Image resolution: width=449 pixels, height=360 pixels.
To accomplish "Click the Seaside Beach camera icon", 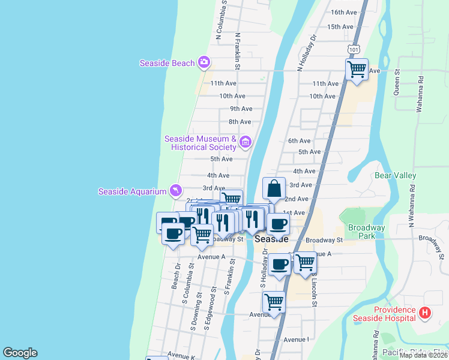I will coord(204,62).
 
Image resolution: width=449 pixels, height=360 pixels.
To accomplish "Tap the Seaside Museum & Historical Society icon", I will coord(245,142).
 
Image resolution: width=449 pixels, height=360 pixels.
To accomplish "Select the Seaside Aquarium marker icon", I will coord(175,191).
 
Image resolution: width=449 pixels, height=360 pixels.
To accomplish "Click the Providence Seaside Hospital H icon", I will coord(425,313).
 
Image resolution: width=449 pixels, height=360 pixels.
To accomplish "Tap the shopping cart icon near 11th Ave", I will coord(357,70).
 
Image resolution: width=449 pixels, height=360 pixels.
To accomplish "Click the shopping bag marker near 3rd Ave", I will coord(274,188).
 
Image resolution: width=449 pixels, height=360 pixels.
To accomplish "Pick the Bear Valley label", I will coord(395,176).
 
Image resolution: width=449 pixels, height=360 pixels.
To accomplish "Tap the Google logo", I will coord(20,353).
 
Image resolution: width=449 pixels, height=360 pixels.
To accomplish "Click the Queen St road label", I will coord(397,82).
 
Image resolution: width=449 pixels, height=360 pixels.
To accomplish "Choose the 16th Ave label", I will coord(344,12).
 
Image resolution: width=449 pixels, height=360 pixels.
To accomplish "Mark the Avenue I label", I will coord(296,340).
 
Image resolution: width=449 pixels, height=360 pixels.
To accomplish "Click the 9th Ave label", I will coord(241,109).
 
